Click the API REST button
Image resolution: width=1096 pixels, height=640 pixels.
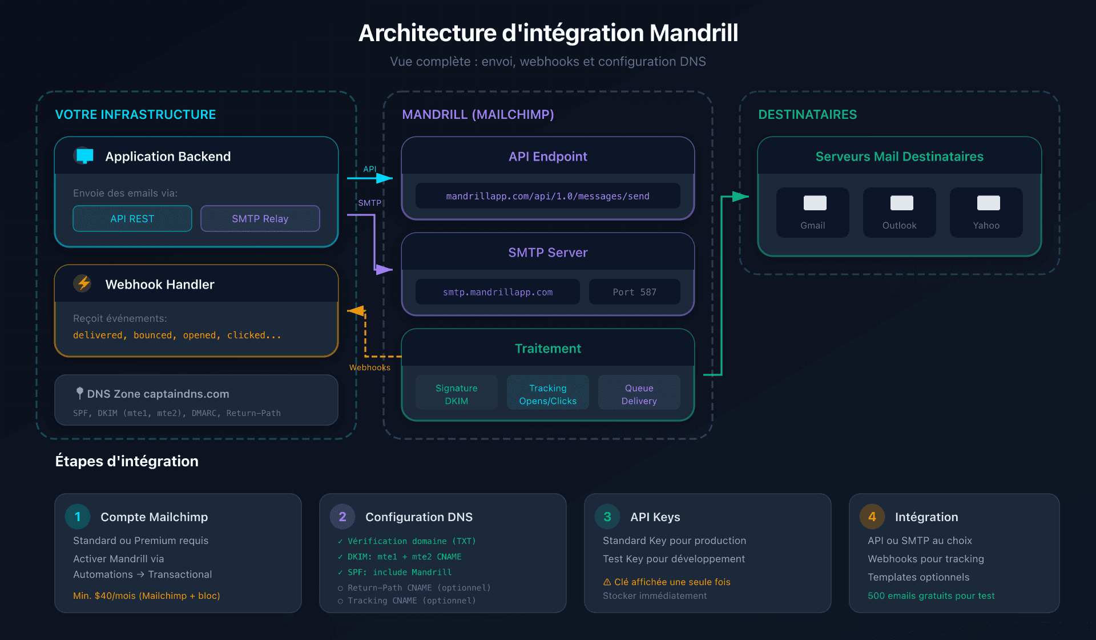tap(132, 218)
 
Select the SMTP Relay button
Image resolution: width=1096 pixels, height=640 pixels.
tap(260, 218)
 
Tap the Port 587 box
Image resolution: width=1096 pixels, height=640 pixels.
tap(634, 291)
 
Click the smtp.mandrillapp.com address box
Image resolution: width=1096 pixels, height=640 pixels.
tap(497, 291)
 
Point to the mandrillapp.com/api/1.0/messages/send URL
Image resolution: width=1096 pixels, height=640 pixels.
tap(547, 196)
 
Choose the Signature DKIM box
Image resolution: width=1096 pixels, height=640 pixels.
tap(456, 394)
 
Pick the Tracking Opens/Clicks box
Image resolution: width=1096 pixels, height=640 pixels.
tap(547, 394)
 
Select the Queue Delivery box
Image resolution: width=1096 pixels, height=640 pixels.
tap(639, 394)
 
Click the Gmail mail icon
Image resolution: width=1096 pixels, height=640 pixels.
tap(815, 203)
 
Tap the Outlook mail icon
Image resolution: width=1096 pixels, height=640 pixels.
tap(901, 203)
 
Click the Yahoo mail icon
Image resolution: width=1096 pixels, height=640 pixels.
tap(988, 203)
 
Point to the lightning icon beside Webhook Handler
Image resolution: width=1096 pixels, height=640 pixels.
tap(83, 283)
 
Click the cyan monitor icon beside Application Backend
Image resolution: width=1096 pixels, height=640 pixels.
tap(84, 155)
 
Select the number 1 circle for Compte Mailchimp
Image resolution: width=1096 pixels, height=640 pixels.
tap(78, 517)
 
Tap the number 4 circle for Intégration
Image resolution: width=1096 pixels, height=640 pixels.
tap(872, 517)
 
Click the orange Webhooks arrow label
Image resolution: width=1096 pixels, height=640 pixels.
tap(369, 367)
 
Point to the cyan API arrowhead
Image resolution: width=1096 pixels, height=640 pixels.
tap(385, 178)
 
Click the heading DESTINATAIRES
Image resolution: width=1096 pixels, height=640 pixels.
tap(807, 114)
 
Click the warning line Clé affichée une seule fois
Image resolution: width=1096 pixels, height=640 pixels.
tap(667, 582)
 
